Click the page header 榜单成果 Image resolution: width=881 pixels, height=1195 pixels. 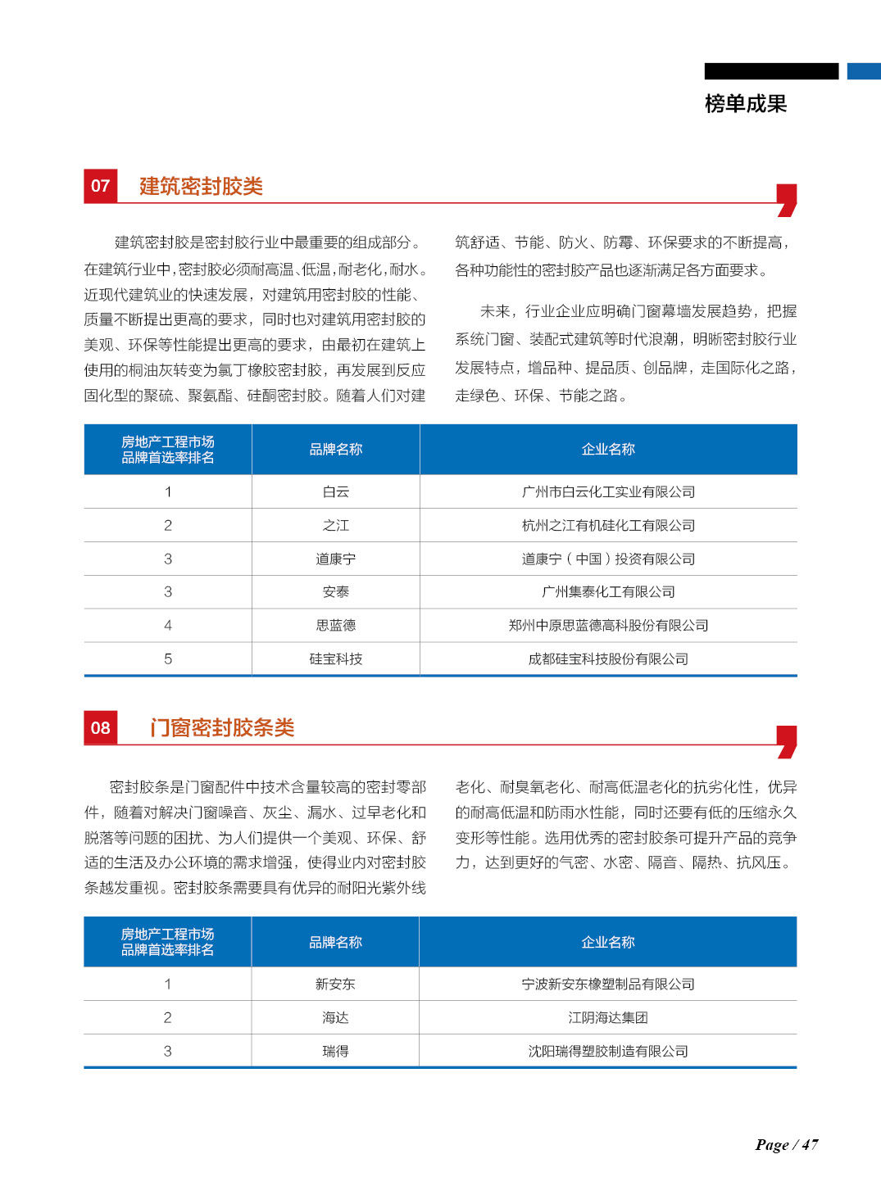point(745,104)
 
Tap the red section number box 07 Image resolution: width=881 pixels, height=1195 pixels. point(101,186)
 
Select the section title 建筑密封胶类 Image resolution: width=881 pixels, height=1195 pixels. point(201,187)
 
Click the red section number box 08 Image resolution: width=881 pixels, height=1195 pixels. point(101,728)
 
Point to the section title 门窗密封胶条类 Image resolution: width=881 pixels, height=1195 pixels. point(222,728)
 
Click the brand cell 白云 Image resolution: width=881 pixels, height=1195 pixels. point(336,491)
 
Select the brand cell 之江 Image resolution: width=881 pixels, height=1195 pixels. point(336,525)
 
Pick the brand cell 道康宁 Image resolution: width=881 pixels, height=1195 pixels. point(336,559)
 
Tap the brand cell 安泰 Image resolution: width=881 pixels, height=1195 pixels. point(336,591)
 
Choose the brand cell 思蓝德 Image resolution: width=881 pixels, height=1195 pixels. point(336,625)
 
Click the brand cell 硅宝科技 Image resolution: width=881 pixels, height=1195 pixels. point(336,659)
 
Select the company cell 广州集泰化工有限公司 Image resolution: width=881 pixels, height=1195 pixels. point(608,591)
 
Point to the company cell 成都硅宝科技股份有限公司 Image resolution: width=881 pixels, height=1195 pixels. point(608,659)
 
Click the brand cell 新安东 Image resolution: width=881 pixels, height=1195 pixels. point(335,984)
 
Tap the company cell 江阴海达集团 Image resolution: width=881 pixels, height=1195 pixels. point(608,1017)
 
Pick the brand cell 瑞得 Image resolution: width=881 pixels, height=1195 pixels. point(335,1051)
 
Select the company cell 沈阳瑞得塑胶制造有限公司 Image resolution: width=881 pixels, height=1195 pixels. point(608,1051)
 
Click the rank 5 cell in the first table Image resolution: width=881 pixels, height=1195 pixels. point(168,659)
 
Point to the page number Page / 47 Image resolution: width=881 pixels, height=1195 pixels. point(787,1144)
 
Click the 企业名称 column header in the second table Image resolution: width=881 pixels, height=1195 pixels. point(608,942)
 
